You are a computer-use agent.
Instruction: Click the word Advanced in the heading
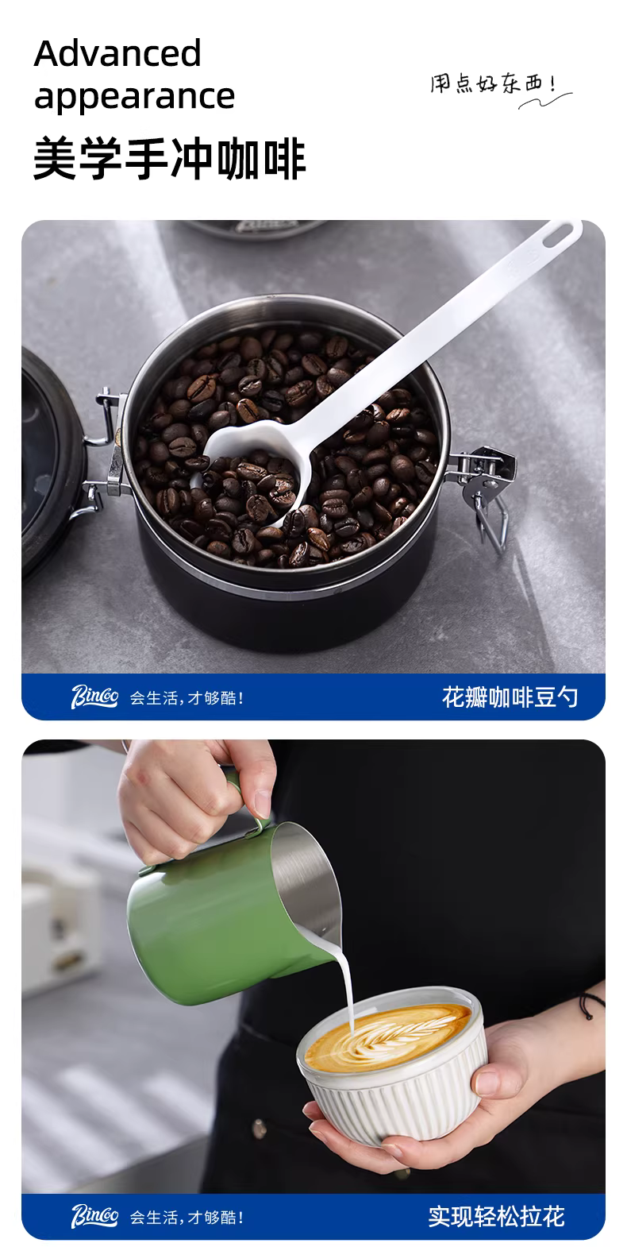(117, 53)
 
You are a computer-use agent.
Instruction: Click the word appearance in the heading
(134, 98)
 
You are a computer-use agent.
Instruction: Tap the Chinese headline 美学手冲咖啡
(170, 159)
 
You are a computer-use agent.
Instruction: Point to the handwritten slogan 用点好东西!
(494, 83)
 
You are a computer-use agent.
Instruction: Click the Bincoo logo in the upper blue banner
(94, 697)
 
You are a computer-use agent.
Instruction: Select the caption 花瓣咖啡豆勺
(510, 697)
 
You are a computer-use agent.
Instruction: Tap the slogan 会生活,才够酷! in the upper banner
(187, 698)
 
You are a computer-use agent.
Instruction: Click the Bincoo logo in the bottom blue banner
(94, 1216)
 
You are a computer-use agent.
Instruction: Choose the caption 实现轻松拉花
(496, 1217)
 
